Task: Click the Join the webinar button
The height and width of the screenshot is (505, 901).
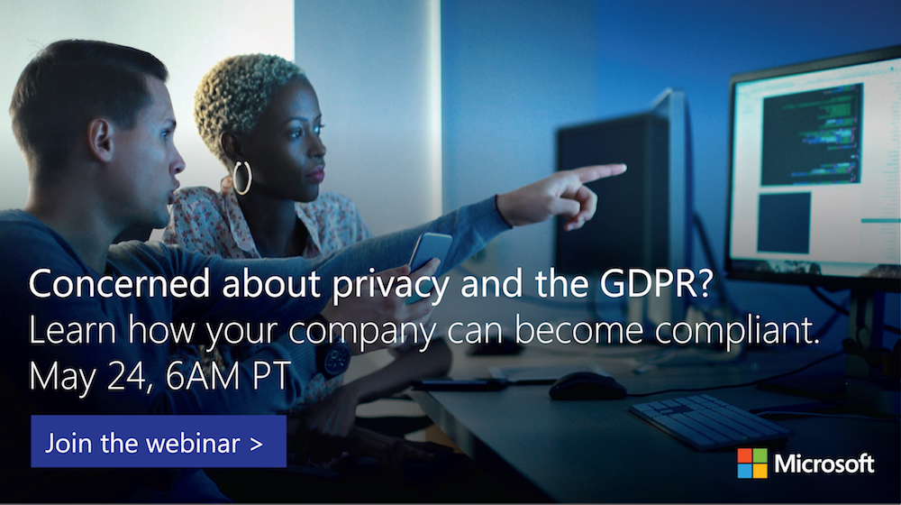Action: (159, 442)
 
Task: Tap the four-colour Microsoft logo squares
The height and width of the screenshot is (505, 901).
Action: (752, 463)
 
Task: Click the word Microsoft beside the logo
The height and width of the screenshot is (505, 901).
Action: (824, 464)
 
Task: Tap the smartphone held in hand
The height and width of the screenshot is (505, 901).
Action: (431, 252)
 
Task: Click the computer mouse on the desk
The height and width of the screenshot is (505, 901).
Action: (587, 385)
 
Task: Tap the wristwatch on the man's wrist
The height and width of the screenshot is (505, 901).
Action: (334, 359)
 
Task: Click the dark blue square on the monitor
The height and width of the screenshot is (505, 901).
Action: (783, 222)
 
